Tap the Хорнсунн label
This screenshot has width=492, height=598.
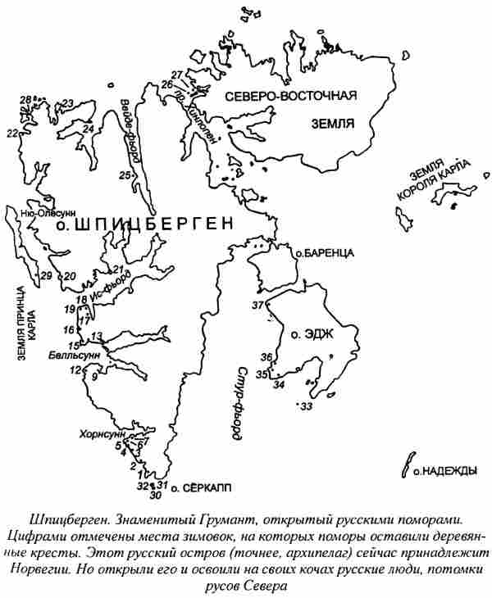point(100,433)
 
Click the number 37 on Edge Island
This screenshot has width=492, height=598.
point(259,306)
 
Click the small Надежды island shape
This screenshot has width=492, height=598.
point(403,464)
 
